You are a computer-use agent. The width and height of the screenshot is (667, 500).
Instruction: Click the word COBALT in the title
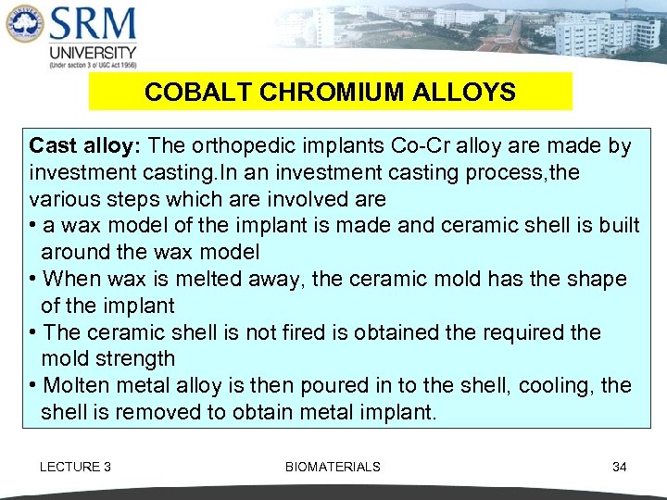point(186,93)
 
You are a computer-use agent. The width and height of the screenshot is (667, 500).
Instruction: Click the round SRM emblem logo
point(23,32)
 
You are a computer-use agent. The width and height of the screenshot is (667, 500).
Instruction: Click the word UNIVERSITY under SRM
point(93,53)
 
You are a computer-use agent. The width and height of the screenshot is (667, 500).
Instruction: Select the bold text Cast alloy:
point(85,145)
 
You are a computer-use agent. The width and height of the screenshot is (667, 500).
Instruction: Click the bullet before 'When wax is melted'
point(33,279)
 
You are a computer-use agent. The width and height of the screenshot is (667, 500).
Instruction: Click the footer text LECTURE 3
point(75,467)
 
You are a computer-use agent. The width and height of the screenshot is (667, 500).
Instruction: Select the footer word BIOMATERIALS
point(333,467)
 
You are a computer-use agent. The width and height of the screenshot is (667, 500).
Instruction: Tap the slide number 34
point(619,467)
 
